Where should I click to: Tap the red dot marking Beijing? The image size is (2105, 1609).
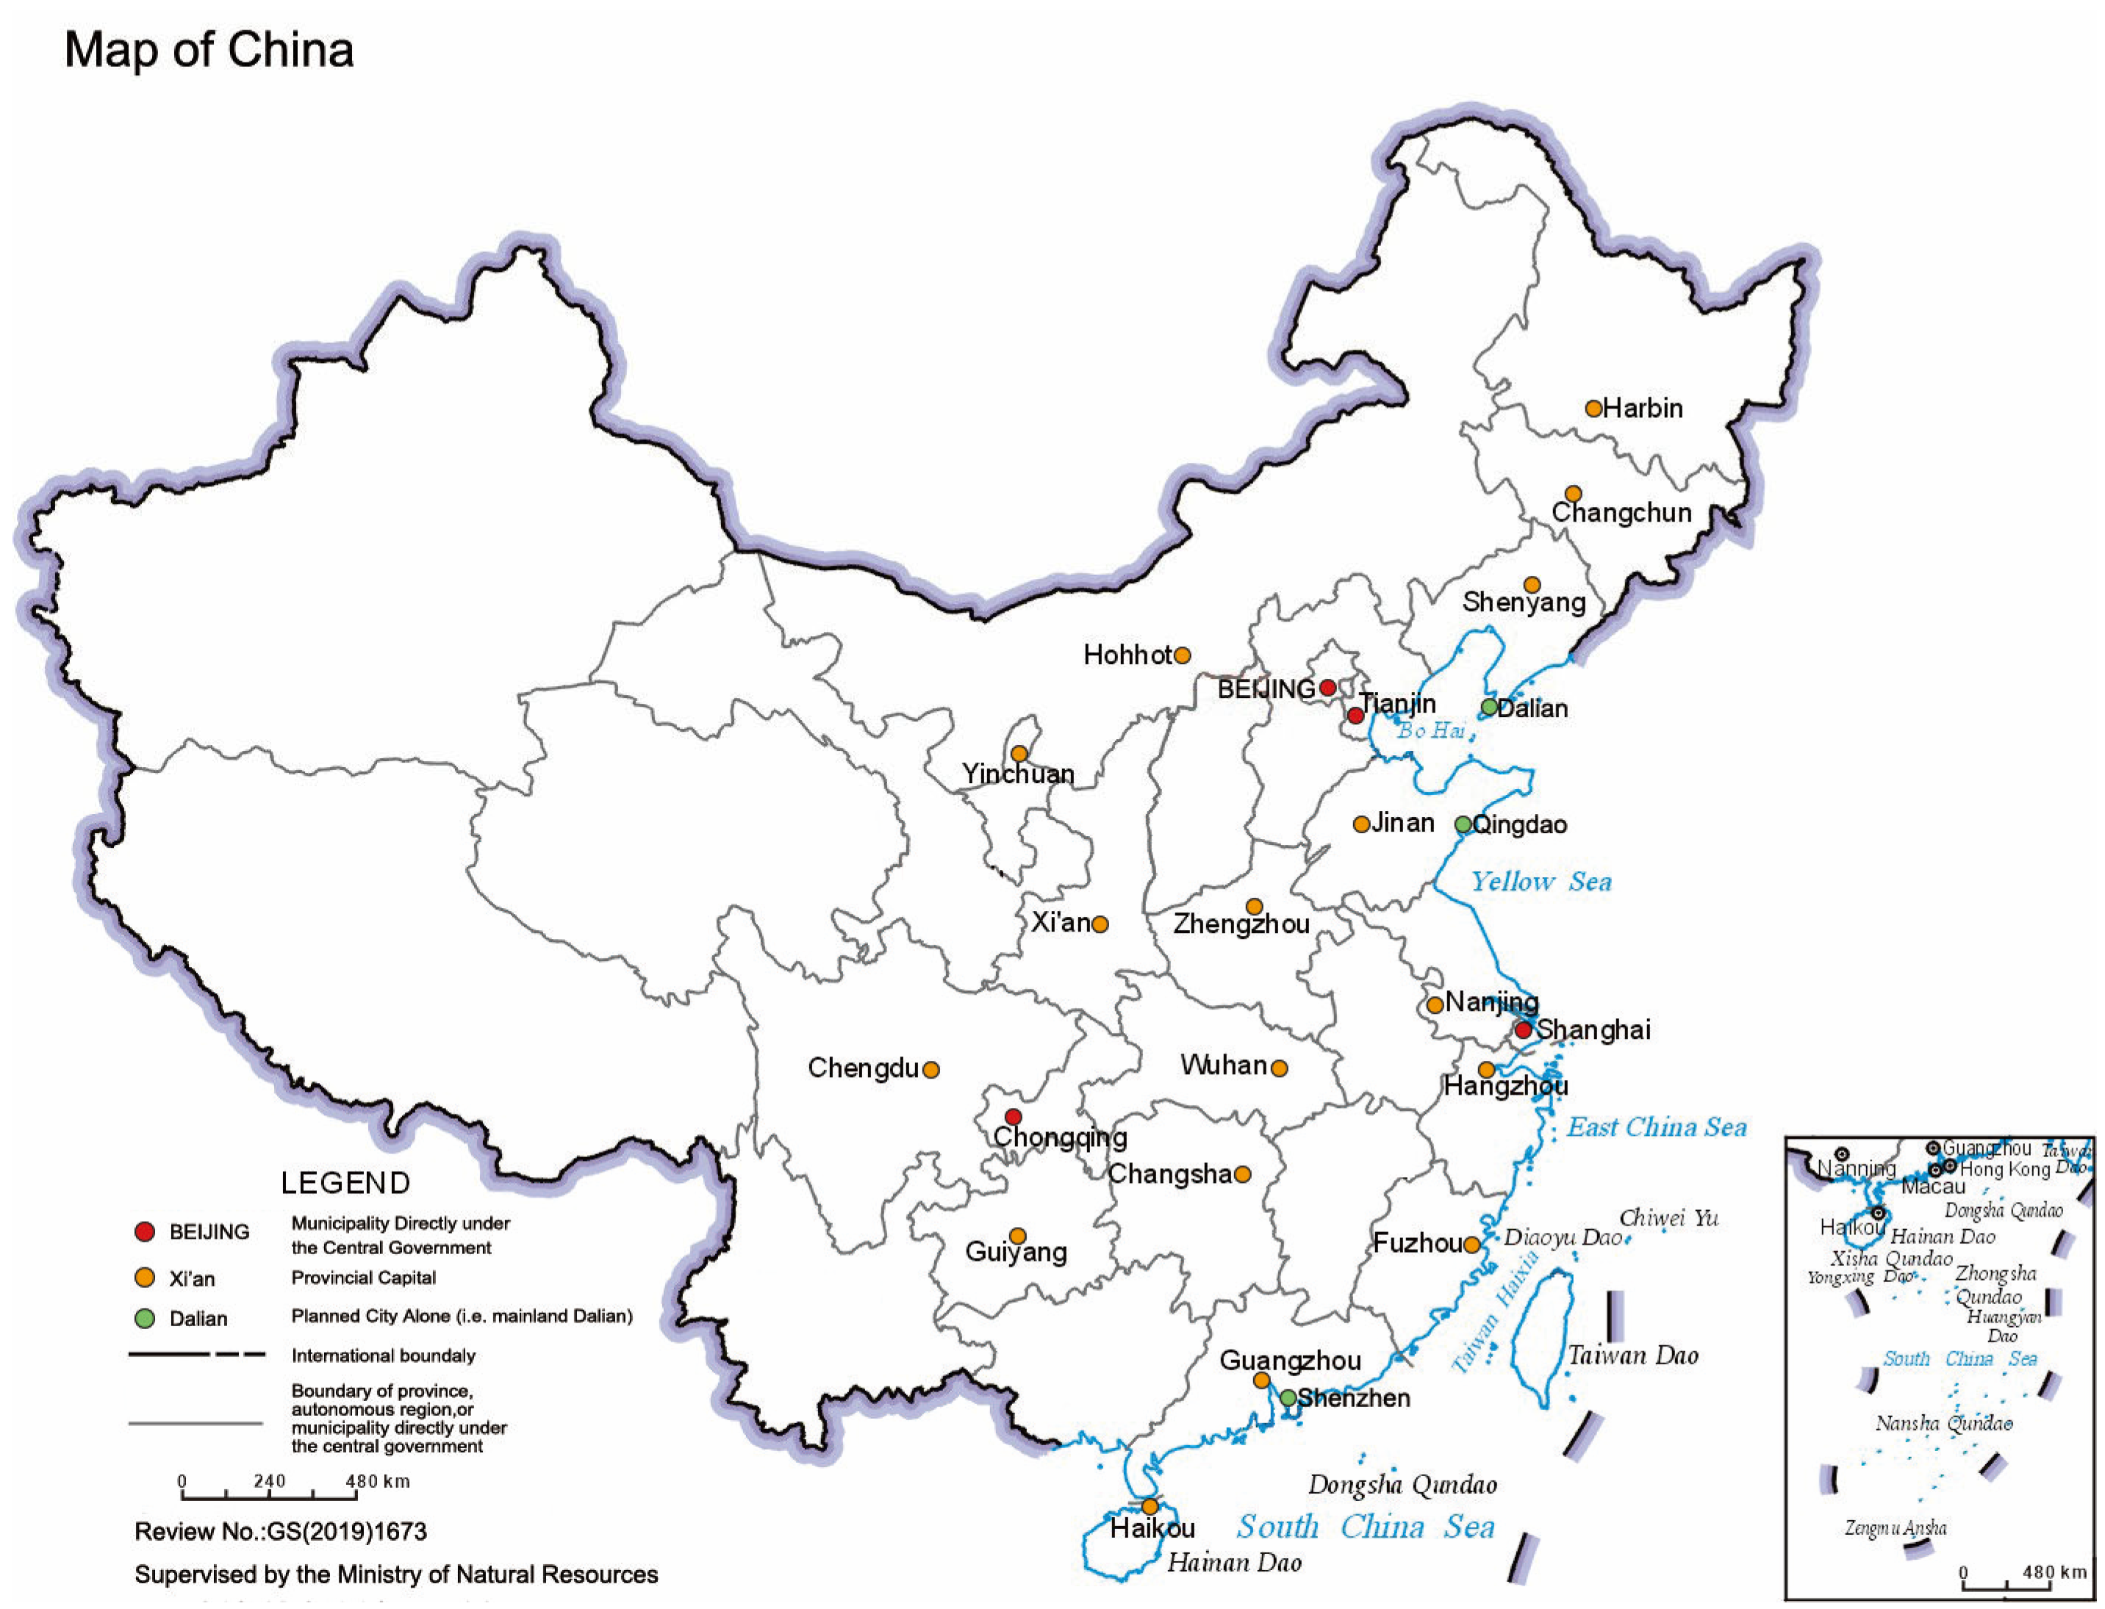pos(1327,688)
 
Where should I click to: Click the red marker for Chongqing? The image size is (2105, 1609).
pos(1013,1117)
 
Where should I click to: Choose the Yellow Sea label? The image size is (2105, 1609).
pos(1541,882)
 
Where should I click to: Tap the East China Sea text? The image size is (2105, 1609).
pos(1656,1127)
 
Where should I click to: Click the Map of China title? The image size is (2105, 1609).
pos(209,50)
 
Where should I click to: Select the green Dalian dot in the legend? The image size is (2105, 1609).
pos(145,1319)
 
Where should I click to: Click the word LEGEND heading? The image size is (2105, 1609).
pos(345,1184)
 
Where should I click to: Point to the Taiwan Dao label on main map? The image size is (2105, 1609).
pos(1632,1356)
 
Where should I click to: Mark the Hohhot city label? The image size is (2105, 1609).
pos(1127,655)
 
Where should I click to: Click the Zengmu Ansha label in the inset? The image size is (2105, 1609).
pos(1896,1528)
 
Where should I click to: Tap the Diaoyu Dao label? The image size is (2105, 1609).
pos(1562,1237)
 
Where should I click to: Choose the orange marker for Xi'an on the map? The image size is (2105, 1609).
pos(1100,924)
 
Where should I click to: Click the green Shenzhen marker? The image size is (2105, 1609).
pos(1288,1398)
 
